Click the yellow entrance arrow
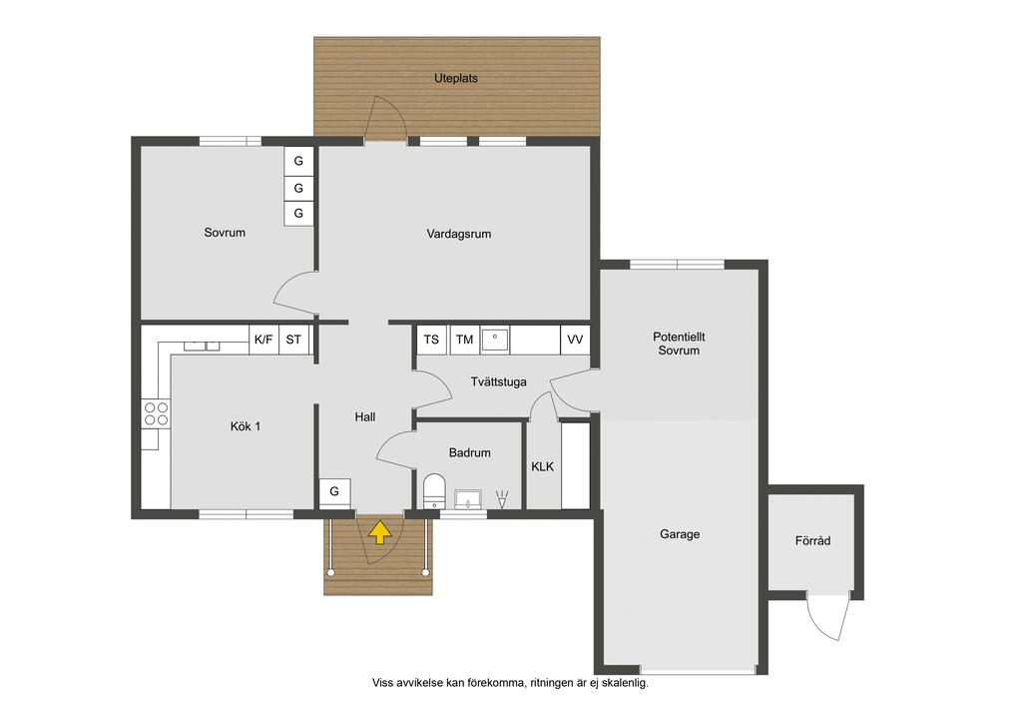(x=380, y=532)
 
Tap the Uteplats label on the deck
(x=455, y=78)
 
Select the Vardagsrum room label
(x=459, y=234)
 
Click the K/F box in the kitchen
(x=263, y=340)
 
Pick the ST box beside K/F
(x=293, y=340)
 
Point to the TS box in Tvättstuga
(x=431, y=340)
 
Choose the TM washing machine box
(x=465, y=340)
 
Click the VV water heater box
(x=575, y=340)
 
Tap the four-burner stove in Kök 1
(x=157, y=414)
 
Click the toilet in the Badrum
(x=434, y=491)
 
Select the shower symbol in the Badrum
(x=502, y=499)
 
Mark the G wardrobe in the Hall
(x=334, y=492)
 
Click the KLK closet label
(x=542, y=466)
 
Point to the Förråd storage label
(x=812, y=540)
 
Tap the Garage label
(x=680, y=534)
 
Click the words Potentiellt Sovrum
(x=679, y=344)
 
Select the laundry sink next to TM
(x=495, y=340)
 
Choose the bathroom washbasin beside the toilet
(x=467, y=499)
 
